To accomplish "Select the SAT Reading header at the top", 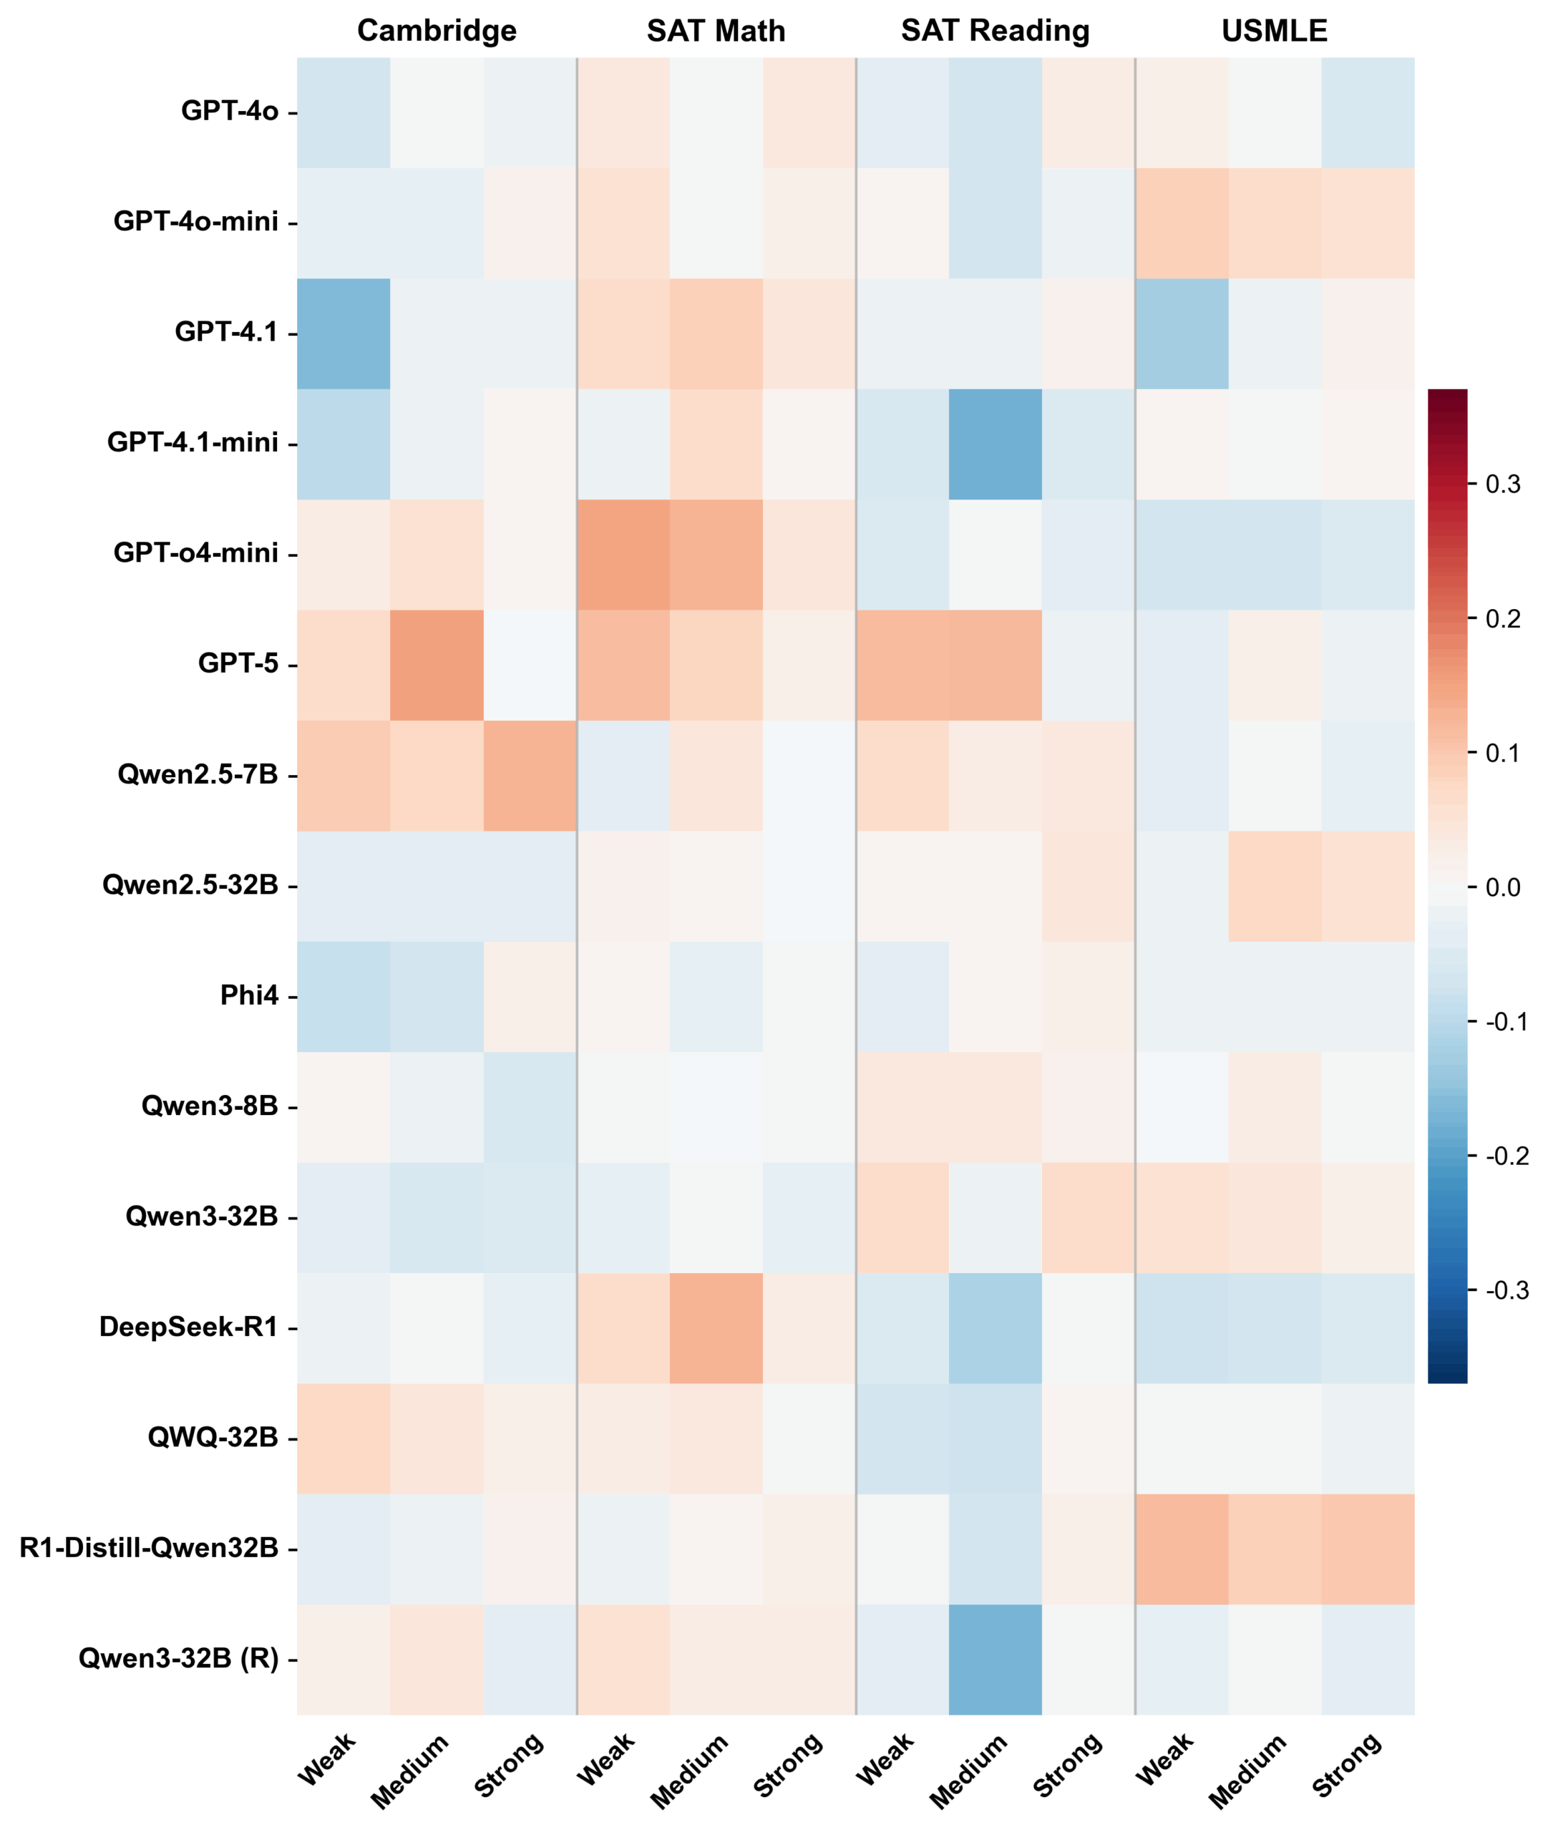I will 994,31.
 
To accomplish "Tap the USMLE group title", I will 1273,31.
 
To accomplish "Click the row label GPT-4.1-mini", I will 193,442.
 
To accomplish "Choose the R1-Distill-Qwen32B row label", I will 148,1548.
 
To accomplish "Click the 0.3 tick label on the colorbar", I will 1502,484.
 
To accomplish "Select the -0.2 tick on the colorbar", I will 1506,1156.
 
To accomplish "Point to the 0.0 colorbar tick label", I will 1502,888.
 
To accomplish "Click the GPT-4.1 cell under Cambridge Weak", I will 343,333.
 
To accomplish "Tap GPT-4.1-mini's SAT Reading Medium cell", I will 994,444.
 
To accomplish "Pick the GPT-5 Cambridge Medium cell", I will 436,665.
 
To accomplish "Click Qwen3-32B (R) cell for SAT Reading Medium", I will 994,1659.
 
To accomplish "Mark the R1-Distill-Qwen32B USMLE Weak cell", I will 1181,1549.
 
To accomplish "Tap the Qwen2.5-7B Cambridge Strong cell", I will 529,776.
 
